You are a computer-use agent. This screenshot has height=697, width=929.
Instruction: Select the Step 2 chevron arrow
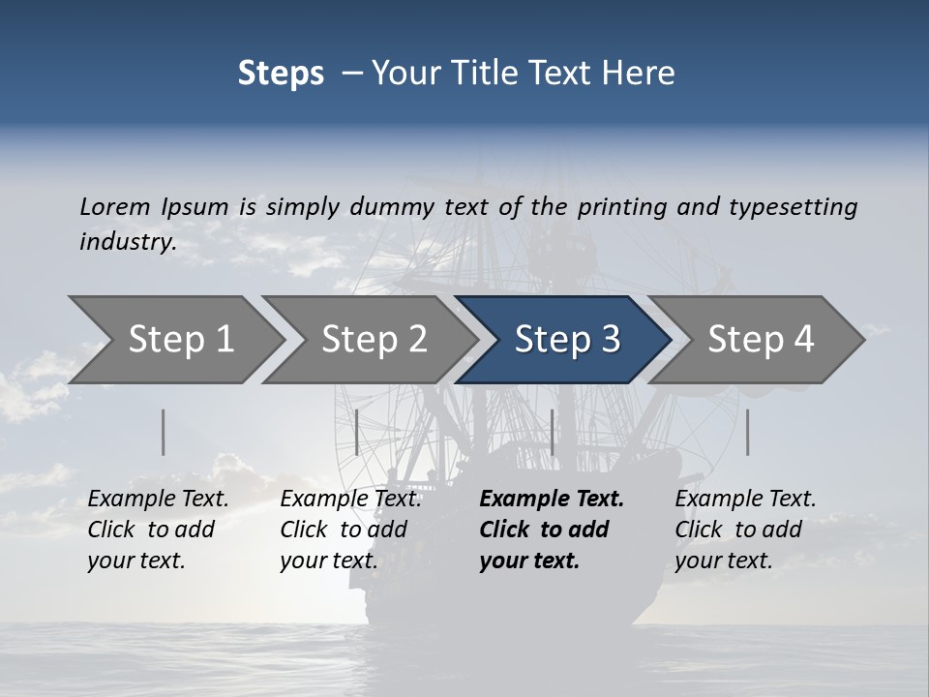[374, 340]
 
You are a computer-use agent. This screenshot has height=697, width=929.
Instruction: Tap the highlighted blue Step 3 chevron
[566, 340]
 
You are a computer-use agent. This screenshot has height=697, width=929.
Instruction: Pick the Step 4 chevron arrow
[761, 340]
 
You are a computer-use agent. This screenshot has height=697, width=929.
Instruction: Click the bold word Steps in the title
[281, 74]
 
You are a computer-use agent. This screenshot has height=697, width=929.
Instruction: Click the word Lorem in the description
[114, 207]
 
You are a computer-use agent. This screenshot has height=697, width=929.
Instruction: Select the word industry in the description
[127, 242]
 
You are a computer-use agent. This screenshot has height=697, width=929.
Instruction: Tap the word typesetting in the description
[793, 207]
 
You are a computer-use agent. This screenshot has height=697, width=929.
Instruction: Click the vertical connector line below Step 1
[164, 432]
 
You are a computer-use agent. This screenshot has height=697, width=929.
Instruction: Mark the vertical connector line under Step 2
[357, 432]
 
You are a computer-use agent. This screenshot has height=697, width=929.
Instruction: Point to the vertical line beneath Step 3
[552, 432]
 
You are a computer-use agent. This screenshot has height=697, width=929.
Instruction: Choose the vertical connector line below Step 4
[748, 432]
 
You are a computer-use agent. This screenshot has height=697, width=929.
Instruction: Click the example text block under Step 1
[158, 530]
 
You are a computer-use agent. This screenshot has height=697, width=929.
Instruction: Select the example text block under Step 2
[350, 530]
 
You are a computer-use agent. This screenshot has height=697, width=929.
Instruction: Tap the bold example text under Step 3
[552, 530]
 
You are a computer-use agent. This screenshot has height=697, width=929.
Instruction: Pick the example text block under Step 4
[745, 530]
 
